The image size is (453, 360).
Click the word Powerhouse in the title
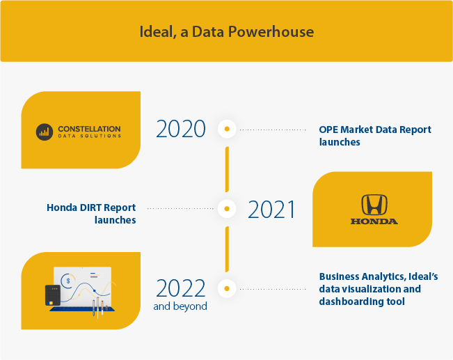pos(271,32)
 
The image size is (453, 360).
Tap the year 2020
pos(181,129)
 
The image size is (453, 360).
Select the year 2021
pos(271,209)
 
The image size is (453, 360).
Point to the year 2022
pos(181,288)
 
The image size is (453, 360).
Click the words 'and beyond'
pos(180,306)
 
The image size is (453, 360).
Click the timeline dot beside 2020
pos(227,129)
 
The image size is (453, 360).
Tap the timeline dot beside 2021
pos(227,208)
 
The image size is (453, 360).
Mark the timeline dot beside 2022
pos(227,288)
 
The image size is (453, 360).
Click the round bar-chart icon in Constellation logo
pos(45,132)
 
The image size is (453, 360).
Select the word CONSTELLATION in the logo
pos(89,129)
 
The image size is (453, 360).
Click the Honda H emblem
pos(374,205)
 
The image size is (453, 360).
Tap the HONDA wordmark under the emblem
pos(374,221)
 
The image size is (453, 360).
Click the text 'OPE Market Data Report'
pos(375,130)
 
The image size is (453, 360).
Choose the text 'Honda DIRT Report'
pos(91,208)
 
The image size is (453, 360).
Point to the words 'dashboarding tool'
pos(362,302)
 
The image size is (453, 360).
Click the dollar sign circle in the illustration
pos(68,281)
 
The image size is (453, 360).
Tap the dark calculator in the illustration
pos(53,295)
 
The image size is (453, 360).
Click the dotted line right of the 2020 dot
pos(273,130)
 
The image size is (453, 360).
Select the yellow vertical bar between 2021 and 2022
pos(227,249)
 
